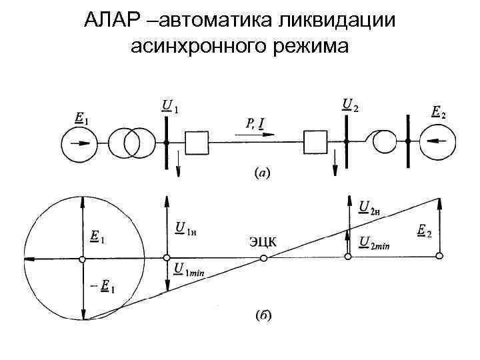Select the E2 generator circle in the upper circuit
coord(437,141)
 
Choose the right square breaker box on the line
coord(315,142)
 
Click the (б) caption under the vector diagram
coord(263,315)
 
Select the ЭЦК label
coord(263,241)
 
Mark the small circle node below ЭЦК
coord(263,258)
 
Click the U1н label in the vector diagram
coord(189,231)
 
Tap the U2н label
coord(369,208)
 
